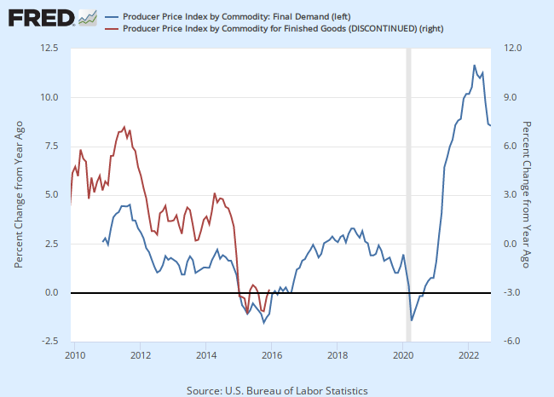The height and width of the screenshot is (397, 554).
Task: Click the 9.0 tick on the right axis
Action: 510,97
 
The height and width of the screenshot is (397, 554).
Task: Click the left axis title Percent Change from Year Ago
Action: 18,195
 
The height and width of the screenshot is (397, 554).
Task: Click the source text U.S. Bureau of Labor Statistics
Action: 277,390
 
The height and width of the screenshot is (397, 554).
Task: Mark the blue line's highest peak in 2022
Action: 475,65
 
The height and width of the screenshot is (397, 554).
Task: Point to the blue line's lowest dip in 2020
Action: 412,320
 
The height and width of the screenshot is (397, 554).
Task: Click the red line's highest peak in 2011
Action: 124,127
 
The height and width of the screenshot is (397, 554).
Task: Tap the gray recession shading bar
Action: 408,195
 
